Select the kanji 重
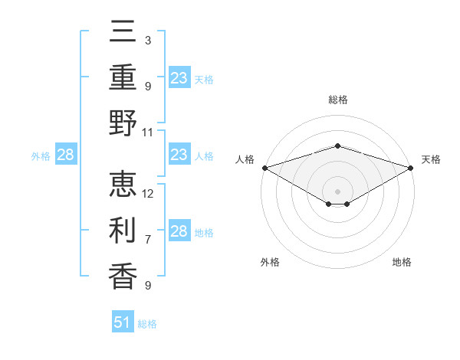click(123, 79)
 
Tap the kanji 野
click(123, 123)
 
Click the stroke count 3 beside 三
click(148, 40)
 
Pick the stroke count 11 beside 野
click(149, 132)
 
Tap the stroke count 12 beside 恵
click(149, 193)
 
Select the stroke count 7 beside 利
click(148, 239)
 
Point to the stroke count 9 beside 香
click(148, 285)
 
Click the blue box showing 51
click(123, 322)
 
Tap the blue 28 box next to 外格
click(66, 155)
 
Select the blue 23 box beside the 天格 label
click(179, 78)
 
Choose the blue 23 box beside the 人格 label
click(179, 155)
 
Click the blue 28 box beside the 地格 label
click(179, 231)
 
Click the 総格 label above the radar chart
click(337, 100)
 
